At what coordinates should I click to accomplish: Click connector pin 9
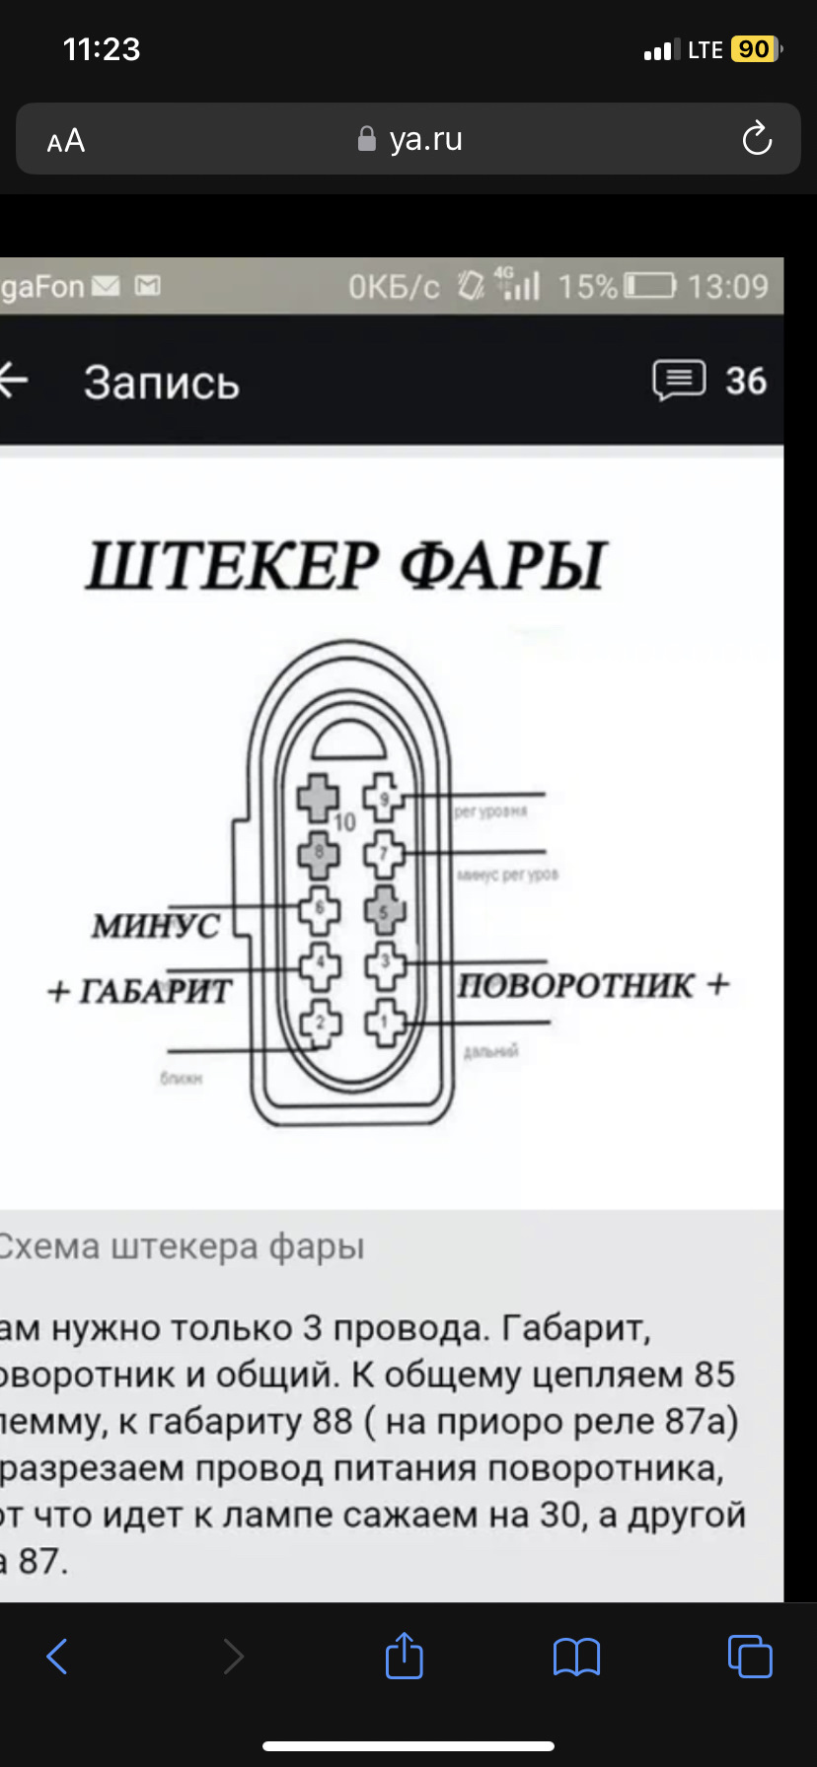tap(384, 797)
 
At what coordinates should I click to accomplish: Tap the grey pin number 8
tap(319, 852)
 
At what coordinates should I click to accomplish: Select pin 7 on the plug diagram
tap(385, 854)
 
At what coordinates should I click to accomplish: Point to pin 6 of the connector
tap(319, 909)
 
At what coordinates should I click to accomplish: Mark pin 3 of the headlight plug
tap(385, 965)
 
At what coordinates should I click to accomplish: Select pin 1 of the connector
tap(385, 1022)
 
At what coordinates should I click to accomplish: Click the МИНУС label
tap(155, 926)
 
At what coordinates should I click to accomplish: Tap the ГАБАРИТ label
tap(154, 990)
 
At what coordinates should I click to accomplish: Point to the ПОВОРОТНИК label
tap(575, 985)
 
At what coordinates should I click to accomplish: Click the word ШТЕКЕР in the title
tap(233, 566)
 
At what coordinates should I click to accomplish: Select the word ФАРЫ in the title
tap(502, 566)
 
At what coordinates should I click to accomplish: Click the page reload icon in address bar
tap(757, 139)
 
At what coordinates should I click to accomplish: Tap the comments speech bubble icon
tap(679, 381)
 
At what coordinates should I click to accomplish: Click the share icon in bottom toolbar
tap(405, 1656)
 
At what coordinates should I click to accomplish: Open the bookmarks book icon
tap(576, 1657)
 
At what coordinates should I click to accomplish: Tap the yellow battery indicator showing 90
tap(754, 49)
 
